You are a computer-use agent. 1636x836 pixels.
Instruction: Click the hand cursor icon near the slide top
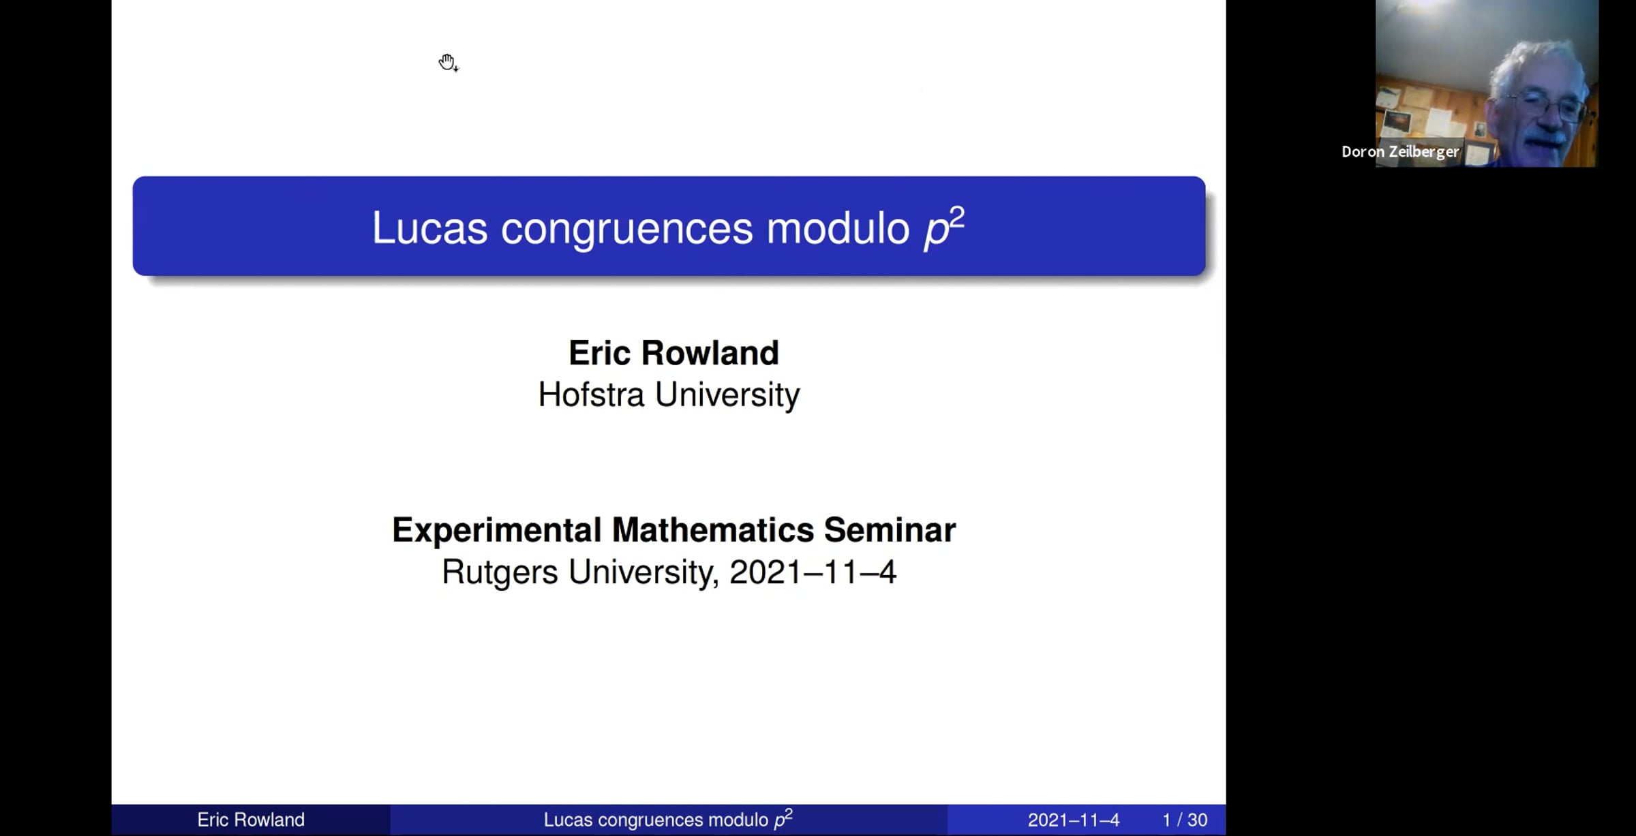coord(448,63)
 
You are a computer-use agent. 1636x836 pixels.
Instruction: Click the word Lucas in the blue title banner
coord(429,228)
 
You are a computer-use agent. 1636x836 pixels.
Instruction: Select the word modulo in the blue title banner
coord(838,228)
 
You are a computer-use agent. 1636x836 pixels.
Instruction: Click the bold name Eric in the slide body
coord(600,353)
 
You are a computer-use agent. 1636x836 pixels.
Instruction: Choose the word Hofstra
coord(591,394)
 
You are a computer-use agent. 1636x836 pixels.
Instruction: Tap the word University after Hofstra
coord(727,396)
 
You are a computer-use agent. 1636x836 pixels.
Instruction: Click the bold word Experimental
coord(496,531)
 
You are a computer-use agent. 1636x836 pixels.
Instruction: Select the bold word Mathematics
coord(713,530)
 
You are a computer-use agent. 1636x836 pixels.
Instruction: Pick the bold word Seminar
coord(890,530)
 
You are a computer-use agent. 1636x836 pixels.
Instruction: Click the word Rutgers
coord(500,572)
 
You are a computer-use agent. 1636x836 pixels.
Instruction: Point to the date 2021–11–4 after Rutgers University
coord(813,572)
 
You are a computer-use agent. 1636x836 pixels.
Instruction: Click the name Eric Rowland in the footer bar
coord(251,820)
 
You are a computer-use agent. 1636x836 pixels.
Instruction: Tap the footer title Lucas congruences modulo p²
coord(668,819)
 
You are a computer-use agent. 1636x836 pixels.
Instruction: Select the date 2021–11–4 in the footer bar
coord(1074,820)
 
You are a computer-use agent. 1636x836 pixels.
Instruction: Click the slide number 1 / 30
coord(1185,820)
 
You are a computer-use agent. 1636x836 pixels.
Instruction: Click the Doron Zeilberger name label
coord(1400,152)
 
